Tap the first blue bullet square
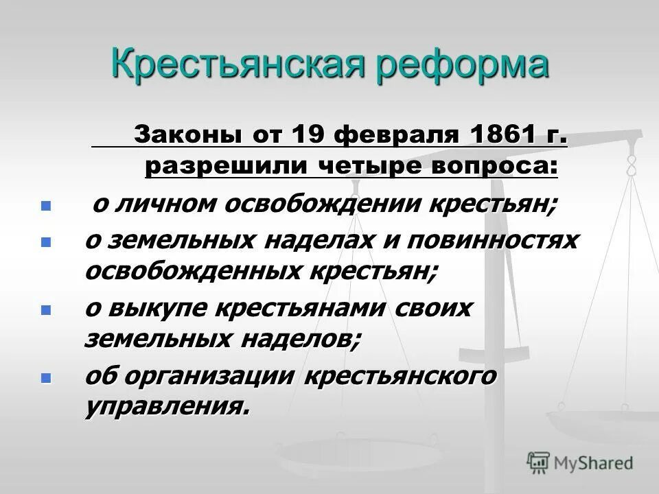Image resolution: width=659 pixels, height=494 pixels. point(47,206)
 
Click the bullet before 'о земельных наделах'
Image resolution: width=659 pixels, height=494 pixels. point(47,242)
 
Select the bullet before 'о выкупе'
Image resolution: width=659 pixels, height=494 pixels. point(47,309)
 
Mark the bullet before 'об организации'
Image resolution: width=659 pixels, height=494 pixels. point(47,377)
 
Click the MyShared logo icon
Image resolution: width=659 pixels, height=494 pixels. point(539,462)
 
